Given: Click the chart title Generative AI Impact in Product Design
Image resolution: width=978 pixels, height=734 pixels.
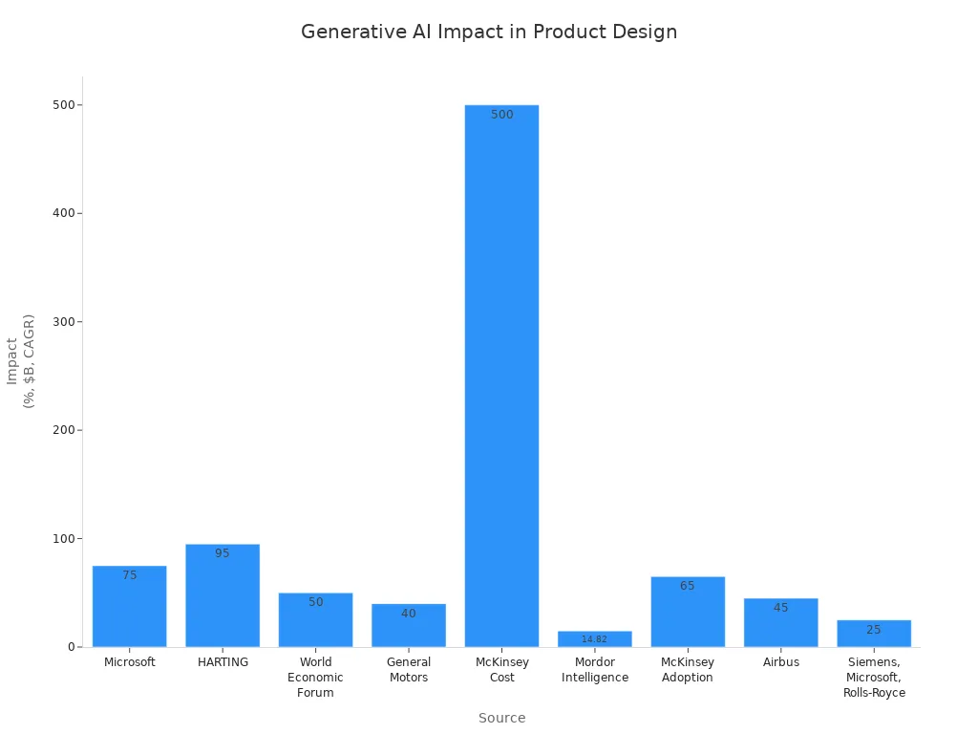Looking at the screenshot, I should tap(489, 32).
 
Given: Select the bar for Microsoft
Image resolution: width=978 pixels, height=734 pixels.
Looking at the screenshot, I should tap(129, 612).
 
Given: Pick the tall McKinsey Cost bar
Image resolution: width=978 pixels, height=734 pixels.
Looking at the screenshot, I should tap(501, 382).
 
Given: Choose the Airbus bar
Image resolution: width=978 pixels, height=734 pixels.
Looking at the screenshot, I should tap(780, 626).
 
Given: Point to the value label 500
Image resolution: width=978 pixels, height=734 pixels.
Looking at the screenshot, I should tap(501, 115).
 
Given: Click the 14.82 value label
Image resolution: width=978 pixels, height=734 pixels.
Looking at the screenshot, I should tap(594, 639).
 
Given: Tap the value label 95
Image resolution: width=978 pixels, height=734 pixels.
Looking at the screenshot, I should tap(223, 553).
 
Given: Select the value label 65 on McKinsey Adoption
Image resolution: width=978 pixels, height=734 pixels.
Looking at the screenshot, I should tap(688, 586).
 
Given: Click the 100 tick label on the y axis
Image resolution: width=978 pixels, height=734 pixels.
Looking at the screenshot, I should tap(65, 539).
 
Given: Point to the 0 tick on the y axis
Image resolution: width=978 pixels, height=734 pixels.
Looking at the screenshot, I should tap(71, 647).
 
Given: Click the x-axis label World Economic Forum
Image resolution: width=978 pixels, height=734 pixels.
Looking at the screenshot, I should tap(315, 678).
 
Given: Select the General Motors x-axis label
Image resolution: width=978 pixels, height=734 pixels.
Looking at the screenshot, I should tap(409, 670).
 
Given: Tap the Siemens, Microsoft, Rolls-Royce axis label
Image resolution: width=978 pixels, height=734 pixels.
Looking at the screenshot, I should tap(874, 678).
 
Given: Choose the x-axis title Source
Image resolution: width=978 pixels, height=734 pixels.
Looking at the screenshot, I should tap(501, 718).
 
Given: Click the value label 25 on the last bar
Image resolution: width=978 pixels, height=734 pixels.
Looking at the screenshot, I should tap(874, 630).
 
